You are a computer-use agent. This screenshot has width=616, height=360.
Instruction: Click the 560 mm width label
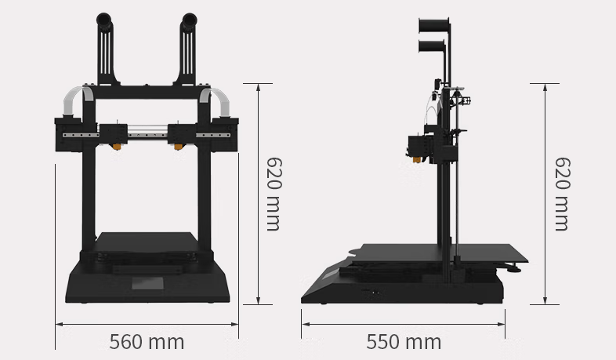(x=147, y=342)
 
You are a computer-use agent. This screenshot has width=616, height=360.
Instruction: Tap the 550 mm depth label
(x=403, y=342)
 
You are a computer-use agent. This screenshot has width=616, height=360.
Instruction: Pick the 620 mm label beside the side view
(x=561, y=193)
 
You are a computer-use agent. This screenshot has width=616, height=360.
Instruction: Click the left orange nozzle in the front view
(x=114, y=147)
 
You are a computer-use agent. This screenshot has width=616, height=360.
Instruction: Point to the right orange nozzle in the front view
(x=179, y=147)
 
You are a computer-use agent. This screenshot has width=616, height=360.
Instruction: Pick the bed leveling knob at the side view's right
(x=514, y=269)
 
